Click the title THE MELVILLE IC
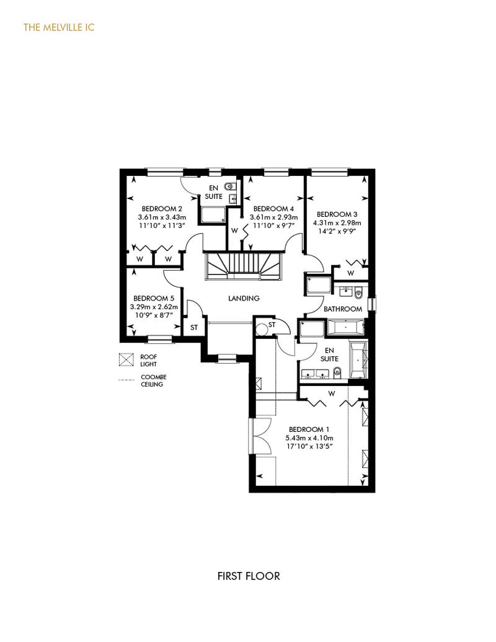point(59,27)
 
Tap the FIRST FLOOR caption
point(249,576)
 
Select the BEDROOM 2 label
point(162,209)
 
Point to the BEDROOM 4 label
point(273,209)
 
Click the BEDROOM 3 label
point(337,214)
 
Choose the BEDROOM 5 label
point(154,298)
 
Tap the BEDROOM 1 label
point(309,429)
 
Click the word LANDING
point(244,298)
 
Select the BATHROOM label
point(343,309)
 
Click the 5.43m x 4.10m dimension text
point(309,438)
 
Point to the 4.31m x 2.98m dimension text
point(337,222)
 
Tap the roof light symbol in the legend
point(126,359)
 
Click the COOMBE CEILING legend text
point(154,380)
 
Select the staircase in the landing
point(244,266)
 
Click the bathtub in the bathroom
point(346,327)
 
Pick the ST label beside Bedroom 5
point(194,328)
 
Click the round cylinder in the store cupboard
point(261,328)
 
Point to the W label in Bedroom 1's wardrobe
point(331,394)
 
